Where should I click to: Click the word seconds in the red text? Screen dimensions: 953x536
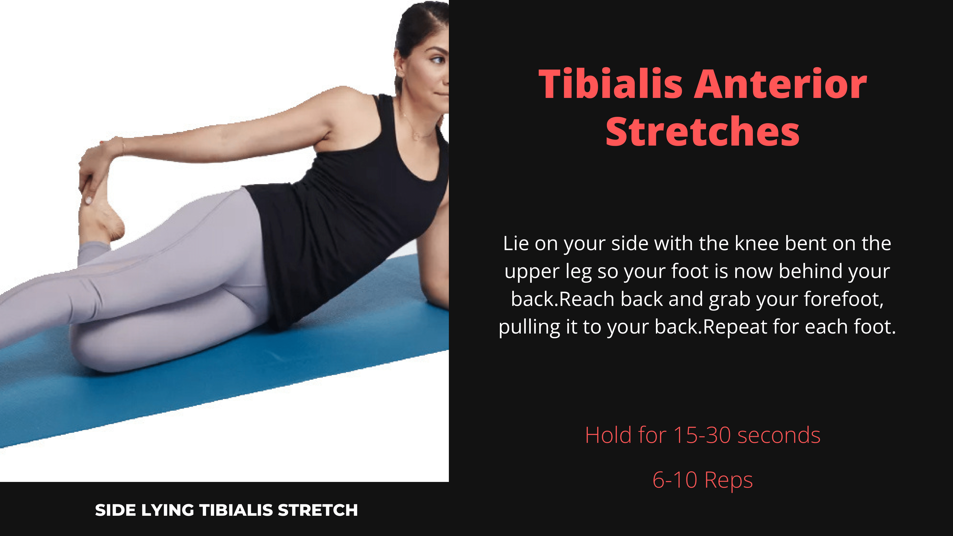coord(779,435)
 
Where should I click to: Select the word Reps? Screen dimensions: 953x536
coord(728,481)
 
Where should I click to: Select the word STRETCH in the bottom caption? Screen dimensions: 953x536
coord(318,511)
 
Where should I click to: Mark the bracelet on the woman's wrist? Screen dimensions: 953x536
coord(122,146)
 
